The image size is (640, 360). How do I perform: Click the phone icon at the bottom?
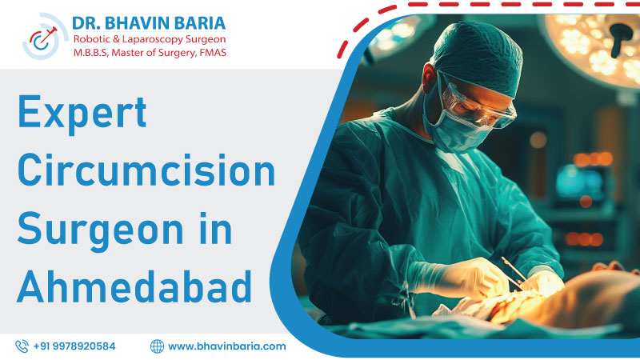[22, 346]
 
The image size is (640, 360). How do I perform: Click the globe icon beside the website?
[157, 346]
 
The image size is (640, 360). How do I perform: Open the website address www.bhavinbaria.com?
[227, 346]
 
